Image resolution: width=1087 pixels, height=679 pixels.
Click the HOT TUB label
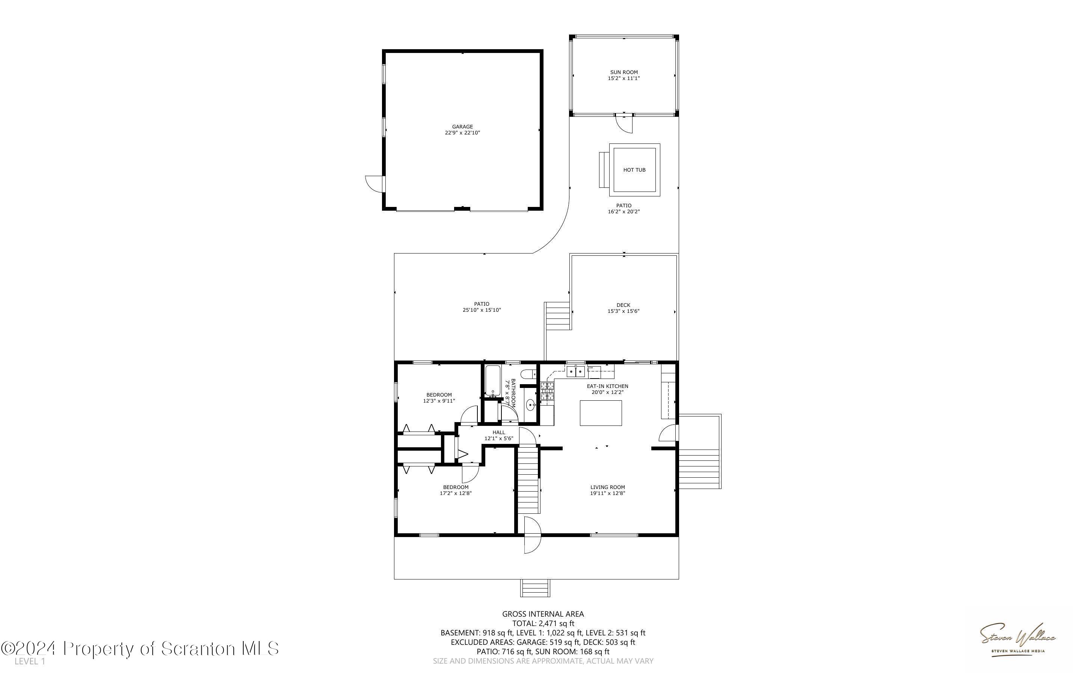pyautogui.click(x=634, y=170)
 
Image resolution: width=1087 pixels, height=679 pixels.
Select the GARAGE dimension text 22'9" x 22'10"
pyautogui.click(x=462, y=133)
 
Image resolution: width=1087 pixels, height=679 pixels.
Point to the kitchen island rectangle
pyautogui.click(x=601, y=413)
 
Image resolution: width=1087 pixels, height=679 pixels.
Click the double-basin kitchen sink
pyautogui.click(x=575, y=371)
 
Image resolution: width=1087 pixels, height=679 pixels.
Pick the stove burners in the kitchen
pyautogui.click(x=547, y=391)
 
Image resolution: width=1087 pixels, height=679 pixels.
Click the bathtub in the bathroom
pyautogui.click(x=492, y=381)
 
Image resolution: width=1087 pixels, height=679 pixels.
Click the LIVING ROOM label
pyautogui.click(x=607, y=487)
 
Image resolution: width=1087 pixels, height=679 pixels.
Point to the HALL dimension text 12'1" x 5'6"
pyautogui.click(x=498, y=438)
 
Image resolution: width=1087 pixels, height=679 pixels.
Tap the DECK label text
pyautogui.click(x=623, y=305)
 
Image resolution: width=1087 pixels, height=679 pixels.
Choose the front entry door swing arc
pyautogui.click(x=533, y=535)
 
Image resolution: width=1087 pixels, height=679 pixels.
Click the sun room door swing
pyautogui.click(x=625, y=124)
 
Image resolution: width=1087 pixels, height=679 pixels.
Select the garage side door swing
pyautogui.click(x=375, y=184)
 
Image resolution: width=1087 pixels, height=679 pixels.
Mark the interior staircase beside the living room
pyautogui.click(x=528, y=479)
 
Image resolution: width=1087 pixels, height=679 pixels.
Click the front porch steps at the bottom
pyautogui.click(x=535, y=588)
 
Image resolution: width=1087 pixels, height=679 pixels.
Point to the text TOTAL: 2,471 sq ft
pyautogui.click(x=543, y=623)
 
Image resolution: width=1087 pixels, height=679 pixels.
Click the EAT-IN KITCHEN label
pyautogui.click(x=607, y=386)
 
